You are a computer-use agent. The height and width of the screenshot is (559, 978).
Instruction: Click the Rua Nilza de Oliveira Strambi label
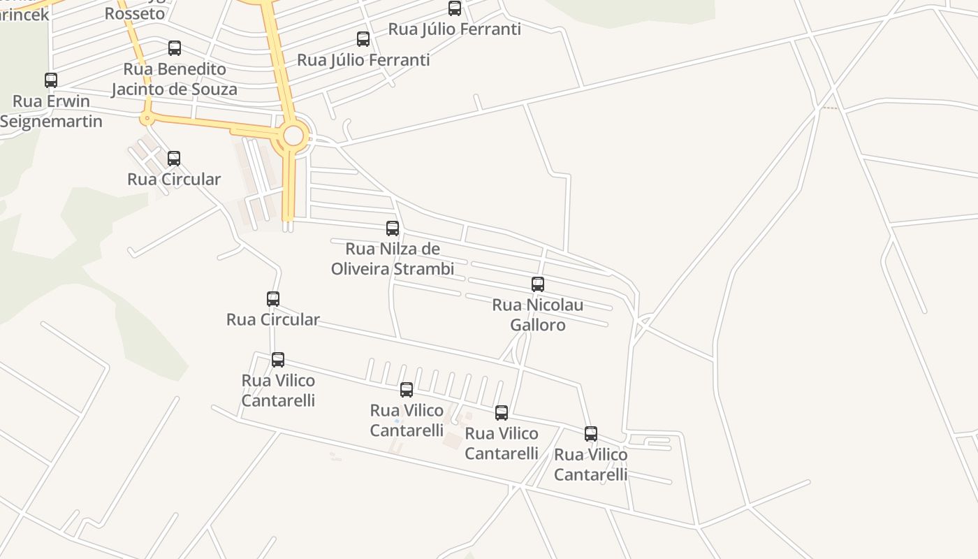coord(393,259)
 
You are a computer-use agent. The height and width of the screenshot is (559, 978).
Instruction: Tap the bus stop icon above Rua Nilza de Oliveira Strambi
coord(393,228)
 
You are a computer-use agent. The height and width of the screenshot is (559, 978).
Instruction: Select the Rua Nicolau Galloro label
coord(538,314)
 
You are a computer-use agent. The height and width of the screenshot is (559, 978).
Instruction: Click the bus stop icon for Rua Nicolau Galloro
coord(538,284)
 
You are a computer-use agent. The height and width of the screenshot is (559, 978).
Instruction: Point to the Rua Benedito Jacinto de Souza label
coord(175,79)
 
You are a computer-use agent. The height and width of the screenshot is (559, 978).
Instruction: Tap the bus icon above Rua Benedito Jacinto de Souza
coord(175,48)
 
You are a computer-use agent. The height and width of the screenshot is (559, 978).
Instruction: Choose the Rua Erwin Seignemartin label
coord(51,111)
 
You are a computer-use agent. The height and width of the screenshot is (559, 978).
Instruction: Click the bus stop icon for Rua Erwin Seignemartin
coord(51,80)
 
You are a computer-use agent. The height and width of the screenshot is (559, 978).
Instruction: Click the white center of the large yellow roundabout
coord(293,136)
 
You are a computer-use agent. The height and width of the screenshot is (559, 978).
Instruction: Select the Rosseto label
coord(135,13)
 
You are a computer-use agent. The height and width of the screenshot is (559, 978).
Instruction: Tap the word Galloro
coord(538,325)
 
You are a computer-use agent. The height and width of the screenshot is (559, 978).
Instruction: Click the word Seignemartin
coord(51,122)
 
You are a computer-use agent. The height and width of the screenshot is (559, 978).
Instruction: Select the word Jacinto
coord(145,89)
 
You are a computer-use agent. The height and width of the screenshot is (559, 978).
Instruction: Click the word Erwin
coord(68,101)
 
